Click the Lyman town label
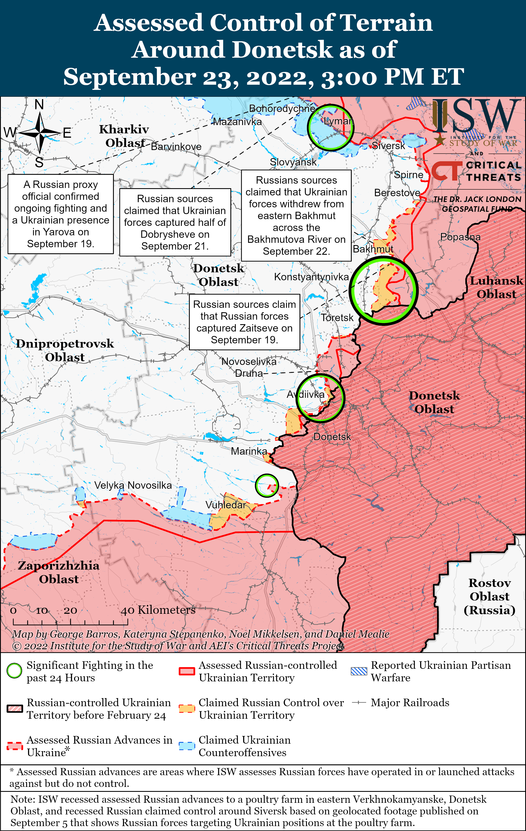338,121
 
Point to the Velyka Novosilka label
133,485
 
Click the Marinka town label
249,451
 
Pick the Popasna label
460,237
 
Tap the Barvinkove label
176,147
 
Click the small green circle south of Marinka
267,485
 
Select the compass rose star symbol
40,133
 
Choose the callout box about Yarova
61,214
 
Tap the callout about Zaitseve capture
244,322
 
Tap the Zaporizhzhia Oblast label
59,572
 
